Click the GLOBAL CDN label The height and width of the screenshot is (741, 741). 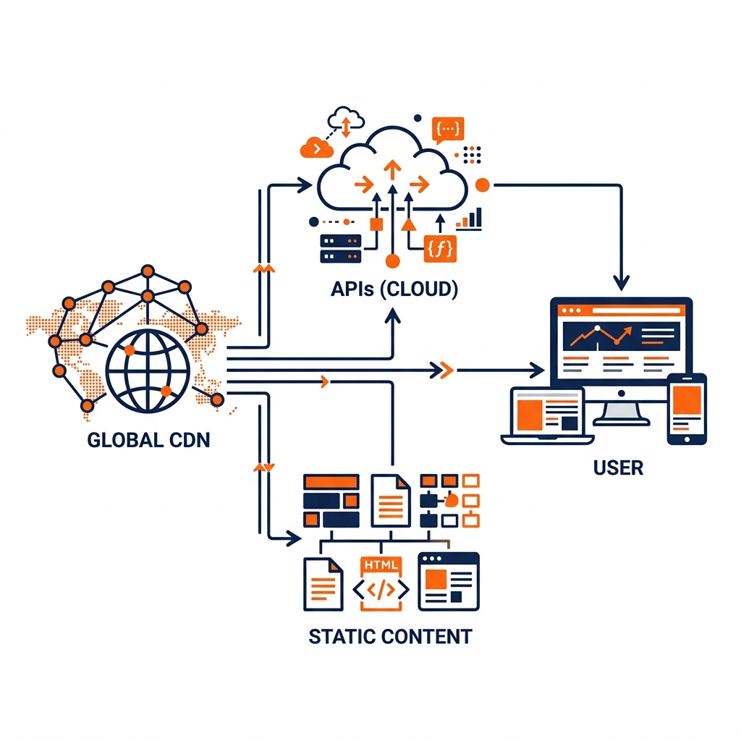click(x=148, y=439)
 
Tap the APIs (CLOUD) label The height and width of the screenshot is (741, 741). click(x=394, y=289)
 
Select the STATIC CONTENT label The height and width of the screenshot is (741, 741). click(x=390, y=636)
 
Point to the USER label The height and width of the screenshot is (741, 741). click(x=618, y=467)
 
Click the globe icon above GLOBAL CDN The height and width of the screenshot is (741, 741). click(x=147, y=371)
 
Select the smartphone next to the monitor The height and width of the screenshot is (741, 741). click(x=687, y=409)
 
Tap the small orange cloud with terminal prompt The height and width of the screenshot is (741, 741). click(x=316, y=147)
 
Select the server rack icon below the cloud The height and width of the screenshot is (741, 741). click(x=340, y=248)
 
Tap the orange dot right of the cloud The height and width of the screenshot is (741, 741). click(x=483, y=185)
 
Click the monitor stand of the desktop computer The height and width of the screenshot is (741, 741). click(x=622, y=411)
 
